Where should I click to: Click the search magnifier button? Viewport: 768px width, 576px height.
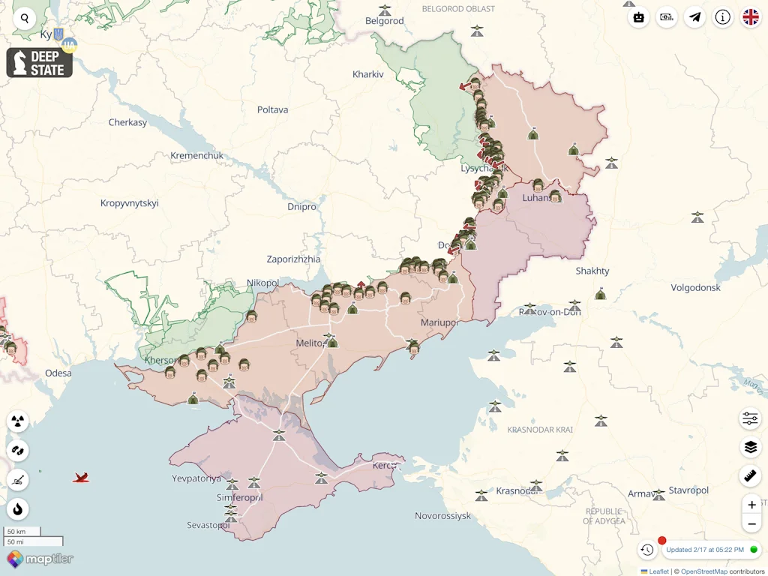[25, 19]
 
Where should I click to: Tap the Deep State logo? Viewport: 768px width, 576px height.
[40, 63]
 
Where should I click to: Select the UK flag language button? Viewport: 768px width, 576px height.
[750, 17]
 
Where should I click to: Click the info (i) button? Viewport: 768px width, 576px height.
[722, 17]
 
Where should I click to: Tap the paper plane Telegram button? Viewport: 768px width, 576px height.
[695, 17]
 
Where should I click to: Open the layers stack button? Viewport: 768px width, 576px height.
[750, 447]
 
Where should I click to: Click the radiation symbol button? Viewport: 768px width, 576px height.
[18, 421]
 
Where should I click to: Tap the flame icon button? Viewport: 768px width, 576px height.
[18, 509]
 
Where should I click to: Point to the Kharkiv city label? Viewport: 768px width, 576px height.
[367, 74]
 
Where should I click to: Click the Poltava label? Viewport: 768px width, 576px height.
[272, 109]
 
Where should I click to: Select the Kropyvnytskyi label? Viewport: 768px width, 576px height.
[130, 203]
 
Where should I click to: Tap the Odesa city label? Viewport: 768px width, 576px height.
[58, 373]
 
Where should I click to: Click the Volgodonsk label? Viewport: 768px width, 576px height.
[695, 287]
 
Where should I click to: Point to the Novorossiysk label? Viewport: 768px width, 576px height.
[442, 516]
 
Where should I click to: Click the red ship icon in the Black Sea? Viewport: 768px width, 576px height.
[81, 477]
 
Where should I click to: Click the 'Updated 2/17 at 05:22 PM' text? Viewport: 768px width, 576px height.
[705, 550]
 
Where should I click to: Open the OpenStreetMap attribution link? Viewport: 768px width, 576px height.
[703, 571]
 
